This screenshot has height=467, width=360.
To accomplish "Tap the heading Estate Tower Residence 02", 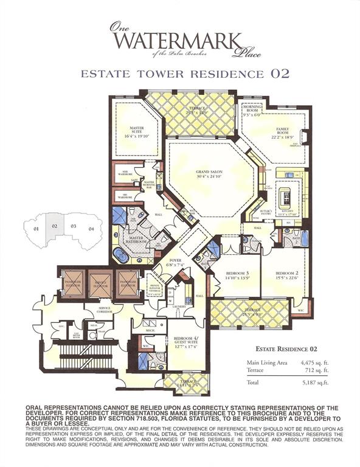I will (180, 74).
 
